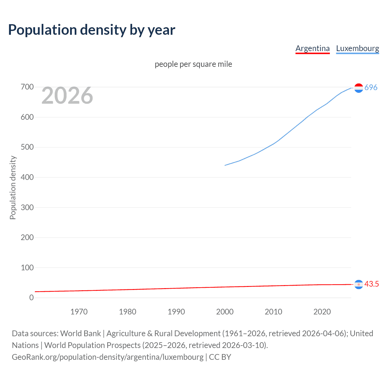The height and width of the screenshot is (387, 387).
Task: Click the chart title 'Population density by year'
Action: pos(92,30)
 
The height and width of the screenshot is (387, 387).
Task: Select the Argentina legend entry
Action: pos(312,48)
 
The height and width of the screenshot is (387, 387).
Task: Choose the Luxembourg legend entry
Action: pos(357,48)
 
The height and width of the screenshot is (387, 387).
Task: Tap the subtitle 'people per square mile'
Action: pos(193,64)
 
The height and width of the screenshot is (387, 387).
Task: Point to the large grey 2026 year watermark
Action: pos(67,96)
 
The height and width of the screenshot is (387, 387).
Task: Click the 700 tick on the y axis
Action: pos(27,87)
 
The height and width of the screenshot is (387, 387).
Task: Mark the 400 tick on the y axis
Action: pos(27,177)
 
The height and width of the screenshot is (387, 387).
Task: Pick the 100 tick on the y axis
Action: pos(27,268)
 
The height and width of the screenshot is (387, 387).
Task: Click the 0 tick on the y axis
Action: pos(31,298)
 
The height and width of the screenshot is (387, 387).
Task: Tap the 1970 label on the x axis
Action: pos(79,312)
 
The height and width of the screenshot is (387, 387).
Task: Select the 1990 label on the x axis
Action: pos(176,312)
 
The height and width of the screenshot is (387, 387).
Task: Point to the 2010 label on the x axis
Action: pos(273,312)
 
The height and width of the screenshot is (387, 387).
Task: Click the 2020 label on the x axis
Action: pos(322,312)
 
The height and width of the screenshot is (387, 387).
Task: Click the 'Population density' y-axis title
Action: pos(13,187)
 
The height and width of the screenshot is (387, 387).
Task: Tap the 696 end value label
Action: pos(371,88)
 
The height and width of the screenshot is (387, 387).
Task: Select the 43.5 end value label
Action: pos(371,284)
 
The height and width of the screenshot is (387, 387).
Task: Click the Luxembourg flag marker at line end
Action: pos(359,88)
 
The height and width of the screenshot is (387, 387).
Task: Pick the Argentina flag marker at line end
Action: pos(359,284)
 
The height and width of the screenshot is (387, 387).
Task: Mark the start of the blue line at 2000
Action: pos(225,165)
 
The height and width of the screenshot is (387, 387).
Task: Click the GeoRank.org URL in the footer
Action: pos(108,357)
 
